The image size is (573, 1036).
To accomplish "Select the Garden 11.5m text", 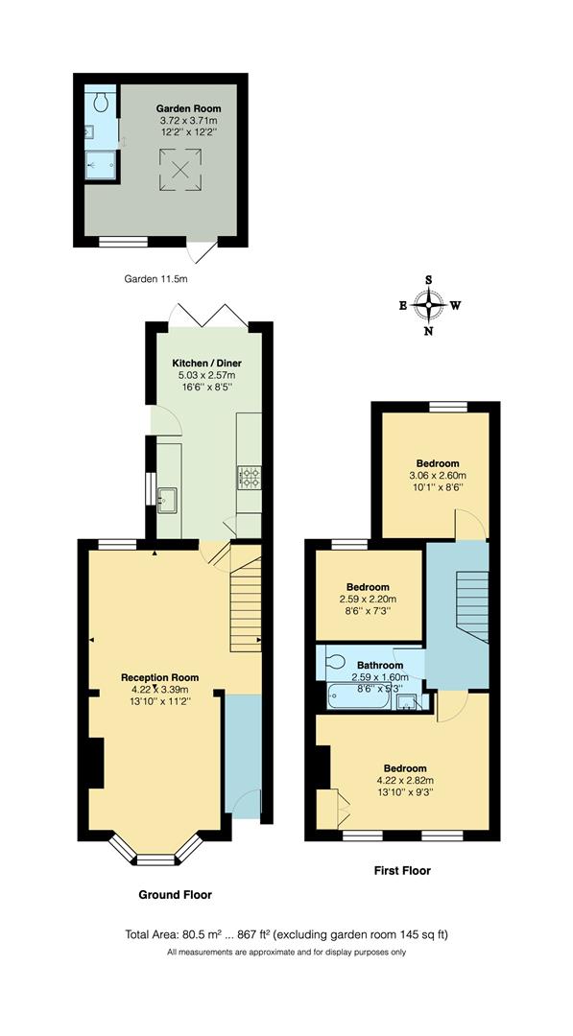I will (x=155, y=279).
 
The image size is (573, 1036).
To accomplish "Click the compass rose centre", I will (x=429, y=306).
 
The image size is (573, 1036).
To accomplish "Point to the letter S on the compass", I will (x=429, y=280).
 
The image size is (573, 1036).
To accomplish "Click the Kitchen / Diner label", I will (x=206, y=363).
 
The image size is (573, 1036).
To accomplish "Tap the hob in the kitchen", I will (x=250, y=475).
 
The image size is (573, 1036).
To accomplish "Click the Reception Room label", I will (x=159, y=676).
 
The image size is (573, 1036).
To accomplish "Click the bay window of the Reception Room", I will (x=154, y=849).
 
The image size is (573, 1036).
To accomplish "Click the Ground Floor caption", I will (x=176, y=894).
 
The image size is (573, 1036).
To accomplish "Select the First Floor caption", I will (x=401, y=871).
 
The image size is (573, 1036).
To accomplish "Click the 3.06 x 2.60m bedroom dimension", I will (x=436, y=475).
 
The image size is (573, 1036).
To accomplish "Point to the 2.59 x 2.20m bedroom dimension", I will (x=368, y=600).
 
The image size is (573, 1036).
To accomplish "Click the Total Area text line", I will (x=286, y=933).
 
